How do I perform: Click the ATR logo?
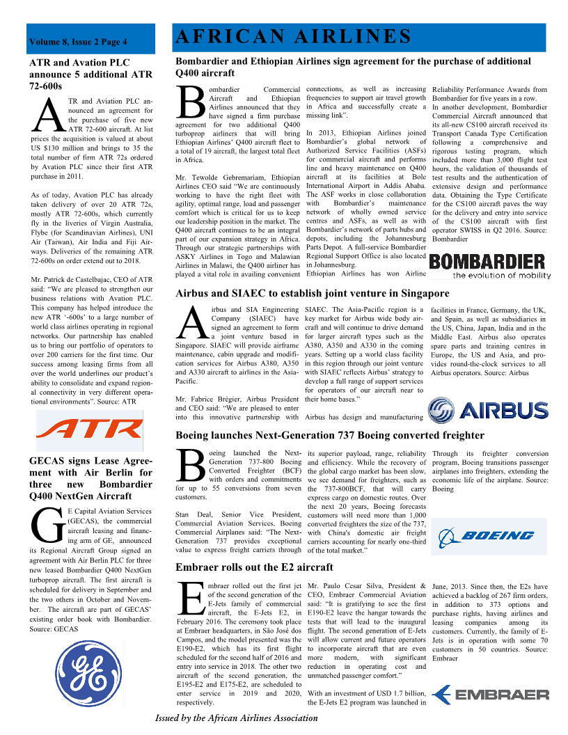(x=88, y=427)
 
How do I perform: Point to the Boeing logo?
(x=488, y=535)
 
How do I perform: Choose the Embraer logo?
(x=490, y=694)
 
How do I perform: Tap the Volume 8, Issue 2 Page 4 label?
(x=78, y=42)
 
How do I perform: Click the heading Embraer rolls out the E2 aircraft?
(x=254, y=567)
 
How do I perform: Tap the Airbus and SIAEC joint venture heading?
(x=313, y=293)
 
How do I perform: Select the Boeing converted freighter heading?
(x=330, y=435)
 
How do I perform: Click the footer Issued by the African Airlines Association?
(x=236, y=718)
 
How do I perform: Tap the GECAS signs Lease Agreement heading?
(x=90, y=478)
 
